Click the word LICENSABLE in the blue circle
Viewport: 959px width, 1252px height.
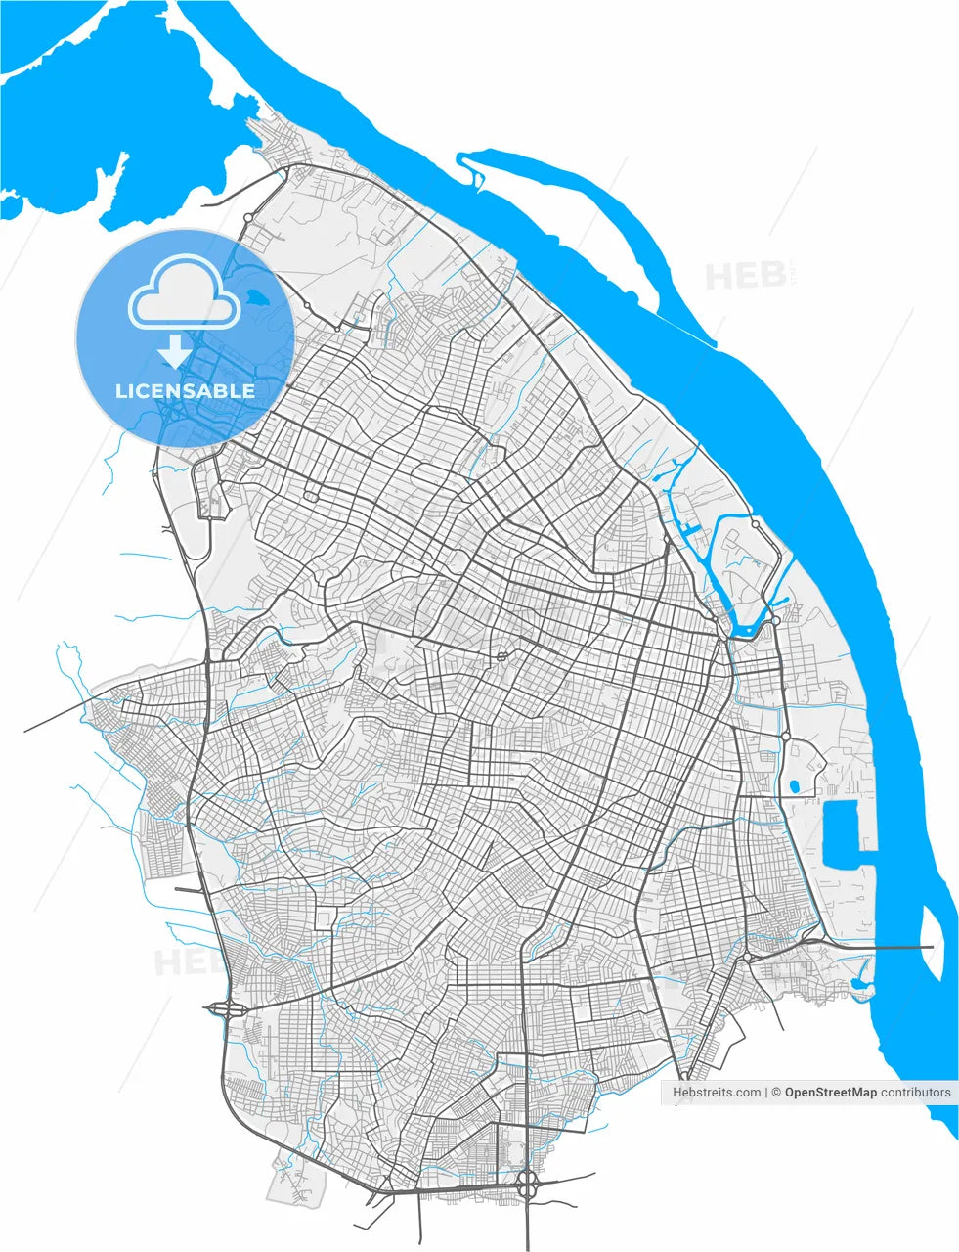tap(185, 391)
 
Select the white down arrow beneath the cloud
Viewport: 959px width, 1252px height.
tap(174, 350)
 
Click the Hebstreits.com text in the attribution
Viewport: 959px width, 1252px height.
tap(717, 1093)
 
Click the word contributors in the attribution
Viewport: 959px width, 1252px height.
tap(915, 1093)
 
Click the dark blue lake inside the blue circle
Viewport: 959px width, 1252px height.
tap(257, 295)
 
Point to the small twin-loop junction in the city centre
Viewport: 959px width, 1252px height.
tap(501, 657)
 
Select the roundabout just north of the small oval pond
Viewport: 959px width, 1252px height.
tap(785, 737)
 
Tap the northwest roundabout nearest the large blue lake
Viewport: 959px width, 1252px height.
tap(248, 217)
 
